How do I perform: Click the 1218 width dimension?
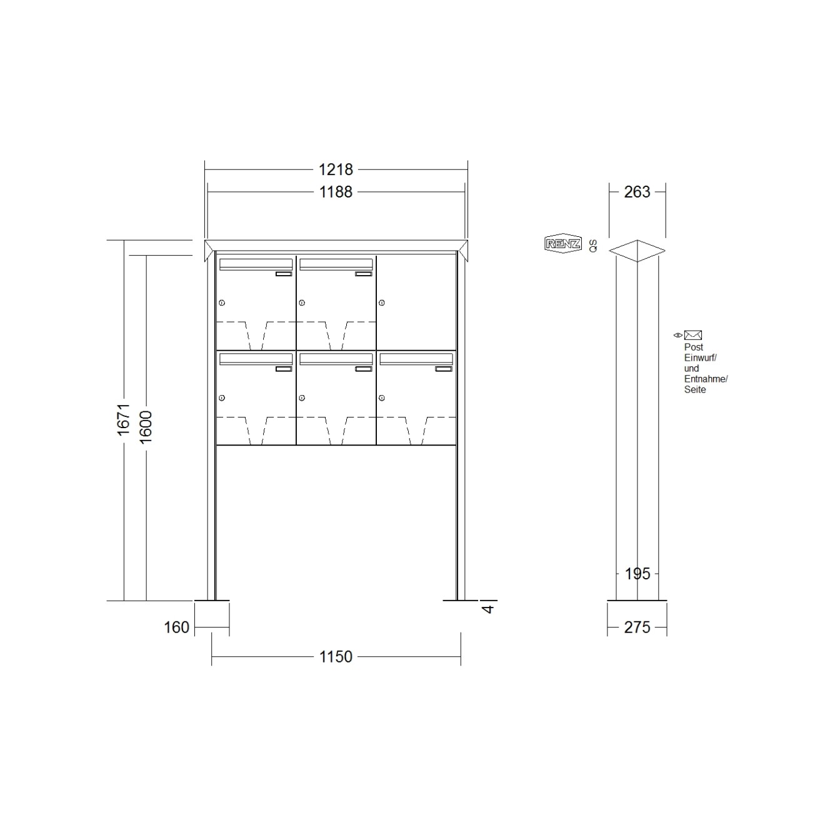click(336, 170)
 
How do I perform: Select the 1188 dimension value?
click(336, 192)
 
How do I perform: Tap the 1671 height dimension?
click(123, 419)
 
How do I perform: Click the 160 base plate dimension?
click(176, 627)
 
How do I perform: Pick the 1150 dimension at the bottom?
click(336, 657)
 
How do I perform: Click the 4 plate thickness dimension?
click(489, 608)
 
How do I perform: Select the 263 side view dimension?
click(637, 192)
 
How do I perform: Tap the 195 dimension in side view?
click(637, 574)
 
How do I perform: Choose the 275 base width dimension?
click(637, 627)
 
